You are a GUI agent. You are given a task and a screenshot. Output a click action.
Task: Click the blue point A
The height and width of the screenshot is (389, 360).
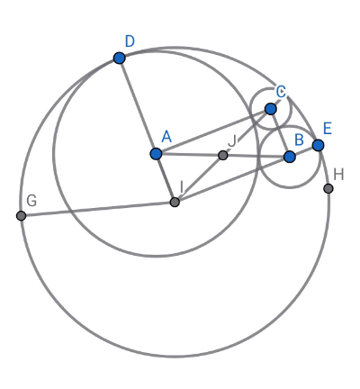(x=156, y=154)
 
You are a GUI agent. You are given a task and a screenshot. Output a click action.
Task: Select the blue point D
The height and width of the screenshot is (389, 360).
(x=120, y=58)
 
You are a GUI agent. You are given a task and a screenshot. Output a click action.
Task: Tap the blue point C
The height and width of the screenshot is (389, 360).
(x=271, y=109)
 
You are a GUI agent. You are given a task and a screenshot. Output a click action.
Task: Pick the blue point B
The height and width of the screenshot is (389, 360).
(x=290, y=157)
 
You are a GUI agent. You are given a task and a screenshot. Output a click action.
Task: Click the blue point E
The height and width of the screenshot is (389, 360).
(x=318, y=145)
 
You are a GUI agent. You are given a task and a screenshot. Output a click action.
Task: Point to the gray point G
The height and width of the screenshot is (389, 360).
(x=21, y=215)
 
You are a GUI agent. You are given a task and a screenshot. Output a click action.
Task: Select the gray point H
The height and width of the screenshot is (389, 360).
(x=328, y=188)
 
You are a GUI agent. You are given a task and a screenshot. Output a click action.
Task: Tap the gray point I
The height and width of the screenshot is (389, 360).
(x=175, y=202)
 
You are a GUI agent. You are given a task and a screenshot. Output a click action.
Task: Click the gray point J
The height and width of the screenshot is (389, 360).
(x=222, y=155)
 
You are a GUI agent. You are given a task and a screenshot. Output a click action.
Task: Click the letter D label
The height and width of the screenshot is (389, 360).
(x=130, y=41)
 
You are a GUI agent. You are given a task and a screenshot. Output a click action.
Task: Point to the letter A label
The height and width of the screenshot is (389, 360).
(x=166, y=137)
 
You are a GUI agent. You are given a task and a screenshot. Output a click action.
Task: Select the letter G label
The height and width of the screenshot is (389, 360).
(x=31, y=201)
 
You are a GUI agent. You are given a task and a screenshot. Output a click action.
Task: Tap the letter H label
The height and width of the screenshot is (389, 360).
(x=338, y=175)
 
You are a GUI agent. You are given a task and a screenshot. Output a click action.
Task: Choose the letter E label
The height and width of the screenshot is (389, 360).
(x=328, y=129)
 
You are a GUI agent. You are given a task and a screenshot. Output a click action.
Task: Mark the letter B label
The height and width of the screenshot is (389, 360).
(x=299, y=140)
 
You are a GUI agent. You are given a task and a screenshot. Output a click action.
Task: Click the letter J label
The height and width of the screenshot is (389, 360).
(x=232, y=140)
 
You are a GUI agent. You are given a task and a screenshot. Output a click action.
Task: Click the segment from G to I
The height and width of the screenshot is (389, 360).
(x=98, y=209)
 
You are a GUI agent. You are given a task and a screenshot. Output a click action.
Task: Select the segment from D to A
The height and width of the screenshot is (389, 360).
(x=138, y=106)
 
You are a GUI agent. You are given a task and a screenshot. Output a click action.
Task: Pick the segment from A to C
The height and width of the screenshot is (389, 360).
(x=213, y=131)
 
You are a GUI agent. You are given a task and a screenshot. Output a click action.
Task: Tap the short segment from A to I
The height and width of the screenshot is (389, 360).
(x=166, y=178)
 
